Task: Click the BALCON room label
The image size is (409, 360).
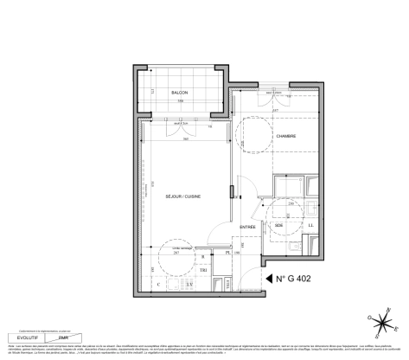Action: point(179,92)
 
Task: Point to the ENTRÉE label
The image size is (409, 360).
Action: point(248,227)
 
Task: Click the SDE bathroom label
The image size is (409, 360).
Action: point(279,226)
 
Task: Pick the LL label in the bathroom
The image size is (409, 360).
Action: point(310,226)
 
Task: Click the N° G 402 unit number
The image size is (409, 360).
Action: point(297,278)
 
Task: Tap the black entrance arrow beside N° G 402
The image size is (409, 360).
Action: point(269,278)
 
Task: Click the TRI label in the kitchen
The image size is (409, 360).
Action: point(203,269)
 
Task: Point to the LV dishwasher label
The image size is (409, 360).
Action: point(191,283)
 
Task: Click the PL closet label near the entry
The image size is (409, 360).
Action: point(227,255)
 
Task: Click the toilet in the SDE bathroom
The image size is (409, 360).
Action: point(294,249)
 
